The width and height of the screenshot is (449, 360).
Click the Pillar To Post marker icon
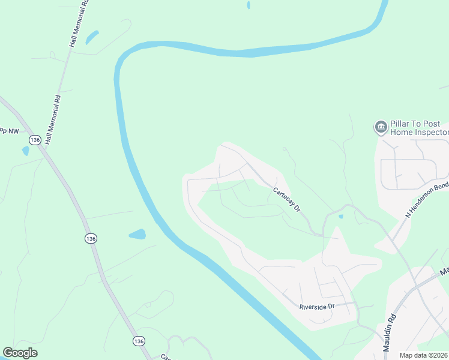click(x=380, y=127)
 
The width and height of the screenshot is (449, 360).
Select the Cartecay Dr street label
click(x=286, y=199)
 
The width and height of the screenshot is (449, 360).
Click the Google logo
click(x=20, y=353)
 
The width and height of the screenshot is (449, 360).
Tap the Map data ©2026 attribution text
click(x=424, y=355)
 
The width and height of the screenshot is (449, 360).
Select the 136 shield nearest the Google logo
click(x=139, y=341)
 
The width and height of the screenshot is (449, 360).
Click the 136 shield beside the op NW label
click(x=35, y=140)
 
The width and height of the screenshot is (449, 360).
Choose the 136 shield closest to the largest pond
click(x=90, y=239)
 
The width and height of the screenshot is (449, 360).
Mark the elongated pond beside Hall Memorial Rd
click(x=92, y=38)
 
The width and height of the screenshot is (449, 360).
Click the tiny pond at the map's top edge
click(x=248, y=5)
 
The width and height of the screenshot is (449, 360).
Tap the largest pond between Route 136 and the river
click(x=137, y=233)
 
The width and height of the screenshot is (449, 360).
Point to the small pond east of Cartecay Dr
click(x=340, y=216)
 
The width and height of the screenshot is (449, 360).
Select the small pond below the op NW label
click(x=25, y=151)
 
